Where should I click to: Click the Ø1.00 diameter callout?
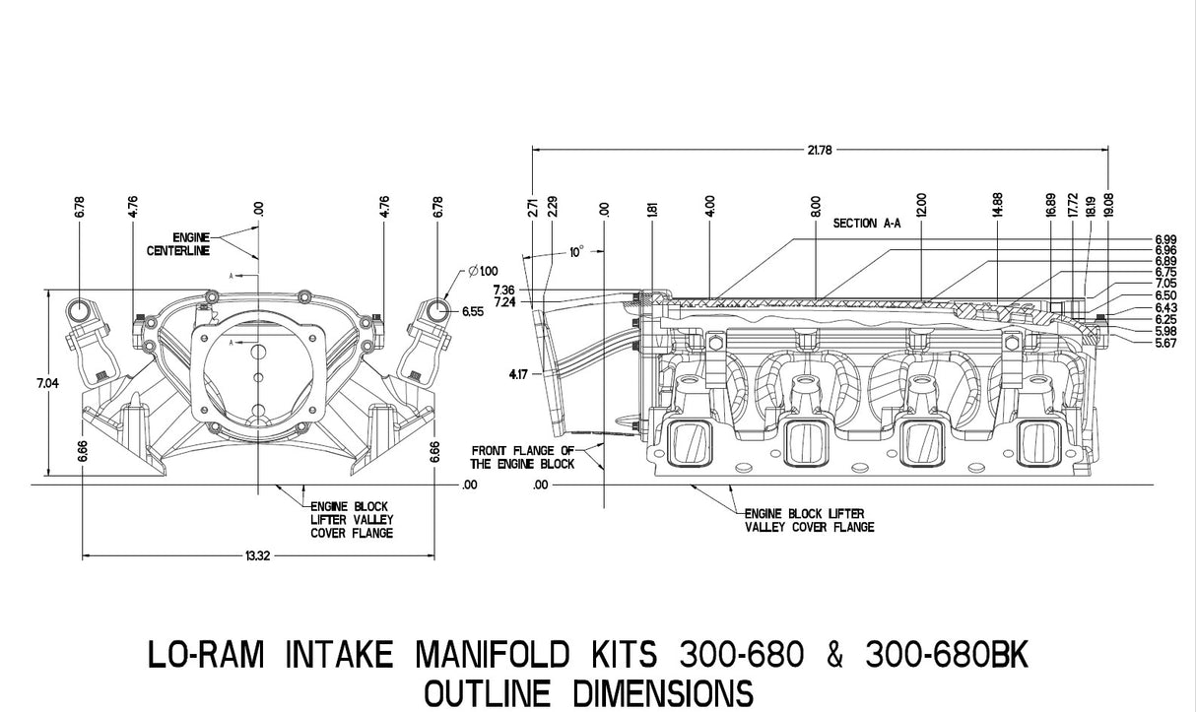(481, 271)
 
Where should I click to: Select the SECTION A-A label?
(867, 224)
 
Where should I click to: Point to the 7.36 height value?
(503, 290)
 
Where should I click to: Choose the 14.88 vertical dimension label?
(998, 205)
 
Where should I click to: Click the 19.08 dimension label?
(1108, 203)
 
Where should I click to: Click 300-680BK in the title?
(950, 653)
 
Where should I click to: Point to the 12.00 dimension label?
(921, 205)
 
